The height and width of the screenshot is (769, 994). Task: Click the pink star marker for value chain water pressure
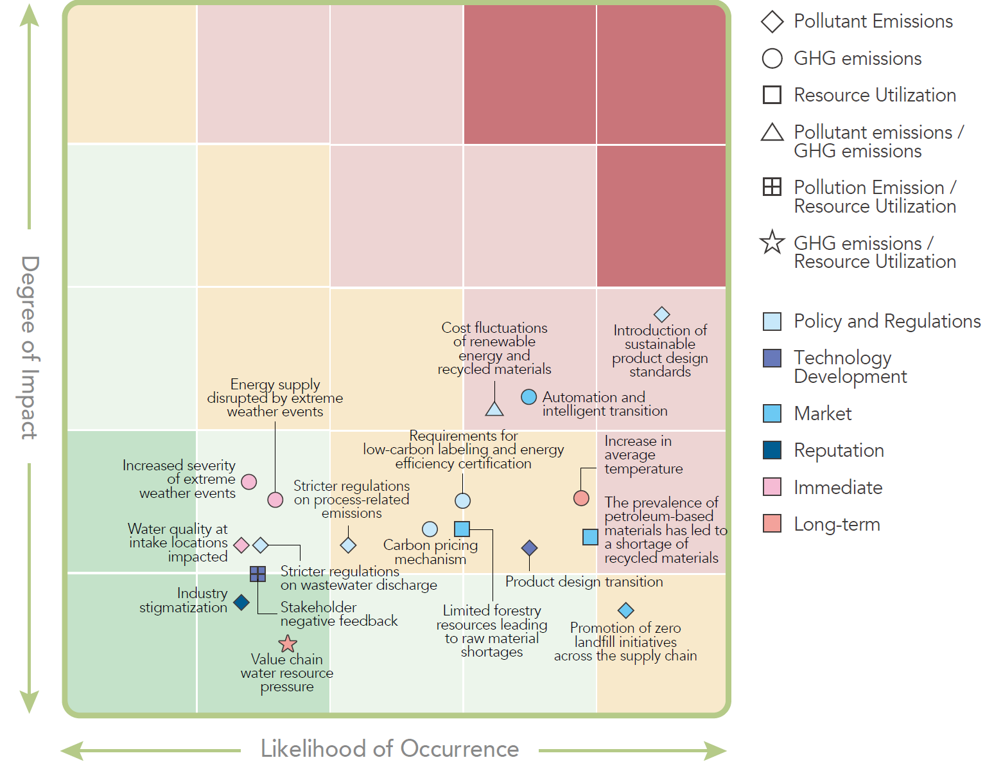pyautogui.click(x=288, y=644)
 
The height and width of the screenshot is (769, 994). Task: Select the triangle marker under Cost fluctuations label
pyautogui.click(x=494, y=409)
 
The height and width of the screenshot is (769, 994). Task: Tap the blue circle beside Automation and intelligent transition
pyautogui.click(x=528, y=397)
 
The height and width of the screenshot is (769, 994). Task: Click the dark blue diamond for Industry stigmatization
pyautogui.click(x=241, y=603)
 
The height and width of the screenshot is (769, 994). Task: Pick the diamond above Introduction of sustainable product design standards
pyautogui.click(x=661, y=314)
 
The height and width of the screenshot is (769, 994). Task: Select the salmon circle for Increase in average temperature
pyautogui.click(x=581, y=498)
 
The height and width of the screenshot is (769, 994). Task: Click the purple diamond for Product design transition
pyautogui.click(x=529, y=548)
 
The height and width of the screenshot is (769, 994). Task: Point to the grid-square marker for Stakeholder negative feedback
pyautogui.click(x=257, y=574)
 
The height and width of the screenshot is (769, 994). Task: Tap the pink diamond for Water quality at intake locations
pyautogui.click(x=241, y=545)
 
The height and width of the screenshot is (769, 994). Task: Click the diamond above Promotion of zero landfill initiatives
pyautogui.click(x=625, y=610)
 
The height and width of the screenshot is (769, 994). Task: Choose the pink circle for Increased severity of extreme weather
pyautogui.click(x=249, y=482)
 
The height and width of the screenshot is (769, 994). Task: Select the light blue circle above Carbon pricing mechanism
pyautogui.click(x=430, y=529)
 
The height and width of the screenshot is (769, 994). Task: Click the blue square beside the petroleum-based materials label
pyautogui.click(x=590, y=536)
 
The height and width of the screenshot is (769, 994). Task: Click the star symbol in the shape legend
pyautogui.click(x=772, y=243)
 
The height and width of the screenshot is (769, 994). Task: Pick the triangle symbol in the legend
pyautogui.click(x=772, y=132)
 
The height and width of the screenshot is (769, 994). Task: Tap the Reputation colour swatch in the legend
pyautogui.click(x=772, y=450)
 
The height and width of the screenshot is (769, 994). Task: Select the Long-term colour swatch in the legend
pyautogui.click(x=772, y=524)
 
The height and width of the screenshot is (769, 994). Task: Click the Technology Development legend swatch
pyautogui.click(x=772, y=358)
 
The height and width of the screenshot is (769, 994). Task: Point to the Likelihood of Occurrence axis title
pyautogui.click(x=390, y=749)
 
